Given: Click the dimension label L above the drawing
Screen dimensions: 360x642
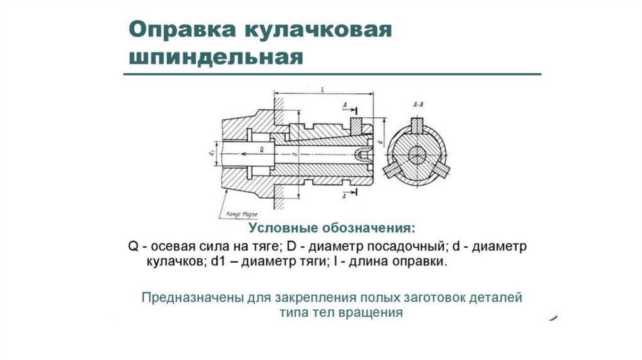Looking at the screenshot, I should [x=322, y=91].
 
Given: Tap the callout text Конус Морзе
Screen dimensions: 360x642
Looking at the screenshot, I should [x=236, y=215].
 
